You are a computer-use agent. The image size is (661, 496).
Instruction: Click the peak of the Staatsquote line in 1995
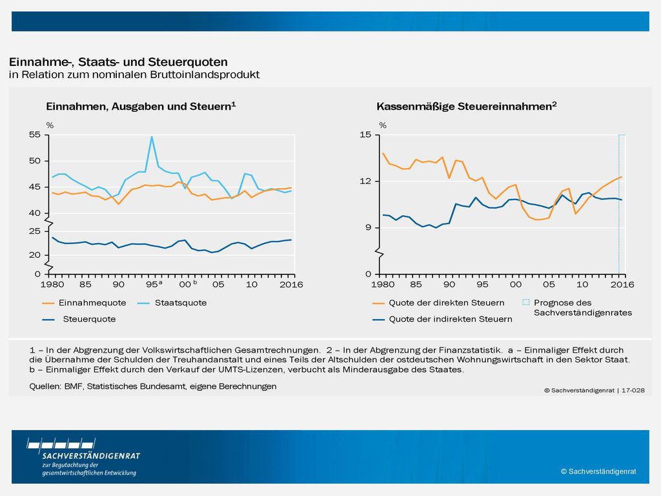click(152, 136)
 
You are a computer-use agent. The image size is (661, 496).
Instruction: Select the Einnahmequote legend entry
click(85, 303)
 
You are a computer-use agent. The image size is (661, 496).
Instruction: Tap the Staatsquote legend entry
click(172, 303)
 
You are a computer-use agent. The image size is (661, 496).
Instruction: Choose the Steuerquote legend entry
click(79, 319)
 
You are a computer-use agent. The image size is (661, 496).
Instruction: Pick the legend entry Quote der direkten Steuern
click(438, 303)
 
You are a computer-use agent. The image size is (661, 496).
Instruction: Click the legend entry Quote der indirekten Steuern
click(443, 319)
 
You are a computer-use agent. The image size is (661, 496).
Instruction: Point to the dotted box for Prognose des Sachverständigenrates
click(525, 302)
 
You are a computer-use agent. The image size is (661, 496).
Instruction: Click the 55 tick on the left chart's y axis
click(35, 134)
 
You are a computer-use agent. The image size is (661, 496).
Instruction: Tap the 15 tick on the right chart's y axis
click(365, 134)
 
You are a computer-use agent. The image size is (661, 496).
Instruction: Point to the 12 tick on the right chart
click(365, 181)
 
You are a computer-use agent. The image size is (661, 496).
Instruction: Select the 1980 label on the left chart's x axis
click(52, 285)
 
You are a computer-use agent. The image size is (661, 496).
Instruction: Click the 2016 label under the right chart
click(622, 285)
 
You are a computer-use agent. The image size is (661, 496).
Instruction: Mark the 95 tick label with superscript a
click(154, 284)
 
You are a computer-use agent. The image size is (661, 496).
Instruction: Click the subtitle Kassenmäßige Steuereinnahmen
click(467, 107)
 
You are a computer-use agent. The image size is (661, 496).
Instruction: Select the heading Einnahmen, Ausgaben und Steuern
click(141, 107)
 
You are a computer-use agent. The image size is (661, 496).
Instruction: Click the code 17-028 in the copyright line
click(633, 391)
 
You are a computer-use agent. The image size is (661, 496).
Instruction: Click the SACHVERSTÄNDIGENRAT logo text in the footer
click(91, 456)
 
